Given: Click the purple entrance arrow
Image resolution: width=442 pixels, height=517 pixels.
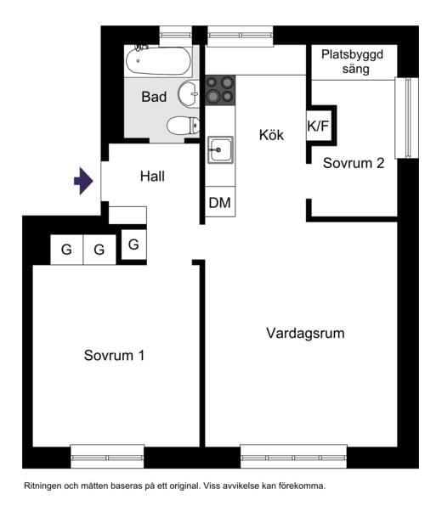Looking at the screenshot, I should pos(82,181).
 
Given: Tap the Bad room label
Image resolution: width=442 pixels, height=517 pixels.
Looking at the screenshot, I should pos(154,98).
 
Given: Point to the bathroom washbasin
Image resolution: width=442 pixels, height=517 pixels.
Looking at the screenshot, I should pos(189,93).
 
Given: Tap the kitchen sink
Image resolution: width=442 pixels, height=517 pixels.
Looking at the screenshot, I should pos(219,150).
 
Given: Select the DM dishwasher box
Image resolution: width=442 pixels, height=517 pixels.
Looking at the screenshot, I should pos(219,203).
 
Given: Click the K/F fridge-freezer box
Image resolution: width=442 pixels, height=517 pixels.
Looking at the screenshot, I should pos(319,127).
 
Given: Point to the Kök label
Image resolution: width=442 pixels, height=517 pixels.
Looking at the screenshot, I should pos(271,134).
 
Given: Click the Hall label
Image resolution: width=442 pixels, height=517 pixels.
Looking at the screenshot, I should pos(152,177).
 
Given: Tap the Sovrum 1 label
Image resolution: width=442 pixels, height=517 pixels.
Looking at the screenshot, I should pos(114,355).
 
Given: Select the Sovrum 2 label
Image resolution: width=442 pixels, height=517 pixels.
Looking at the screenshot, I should pos(354,163).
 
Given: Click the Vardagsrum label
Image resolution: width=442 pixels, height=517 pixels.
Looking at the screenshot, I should pos(305,333).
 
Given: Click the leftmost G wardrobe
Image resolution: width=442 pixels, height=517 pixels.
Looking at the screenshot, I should pos(65,250).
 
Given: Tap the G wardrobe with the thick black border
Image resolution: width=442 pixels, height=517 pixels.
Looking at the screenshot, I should pos(133,244).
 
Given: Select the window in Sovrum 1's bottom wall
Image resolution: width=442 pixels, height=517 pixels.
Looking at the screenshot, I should pos(106,457).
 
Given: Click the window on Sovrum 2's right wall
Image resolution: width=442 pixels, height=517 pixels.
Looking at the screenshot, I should pos(412,117).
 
